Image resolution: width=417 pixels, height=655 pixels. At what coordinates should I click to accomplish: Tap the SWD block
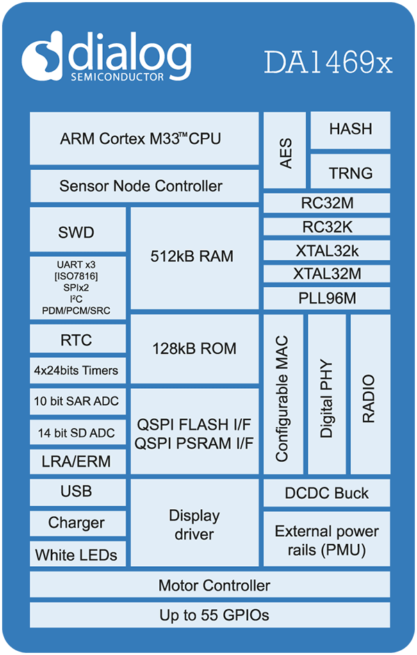click(x=78, y=232)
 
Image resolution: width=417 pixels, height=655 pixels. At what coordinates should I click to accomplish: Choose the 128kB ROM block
click(x=194, y=349)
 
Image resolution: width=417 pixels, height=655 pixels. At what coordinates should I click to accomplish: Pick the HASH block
click(x=350, y=129)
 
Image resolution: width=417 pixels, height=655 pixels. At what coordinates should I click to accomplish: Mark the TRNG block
click(x=350, y=173)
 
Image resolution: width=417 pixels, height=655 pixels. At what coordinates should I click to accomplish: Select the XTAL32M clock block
click(x=327, y=274)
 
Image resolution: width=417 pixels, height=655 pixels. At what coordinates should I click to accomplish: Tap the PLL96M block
click(x=327, y=299)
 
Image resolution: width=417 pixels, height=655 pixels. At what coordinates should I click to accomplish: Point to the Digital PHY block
click(x=327, y=395)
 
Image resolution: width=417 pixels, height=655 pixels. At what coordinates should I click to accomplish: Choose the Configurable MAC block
click(x=283, y=395)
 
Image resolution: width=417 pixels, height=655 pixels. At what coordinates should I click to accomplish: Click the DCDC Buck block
click(x=327, y=494)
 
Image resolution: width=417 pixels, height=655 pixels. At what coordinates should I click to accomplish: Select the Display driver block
click(x=194, y=524)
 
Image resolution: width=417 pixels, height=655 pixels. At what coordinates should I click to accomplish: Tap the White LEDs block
click(x=78, y=555)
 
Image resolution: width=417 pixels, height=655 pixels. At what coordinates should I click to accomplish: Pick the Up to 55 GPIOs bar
click(x=210, y=615)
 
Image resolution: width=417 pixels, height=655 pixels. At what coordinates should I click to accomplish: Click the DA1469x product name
click(x=328, y=62)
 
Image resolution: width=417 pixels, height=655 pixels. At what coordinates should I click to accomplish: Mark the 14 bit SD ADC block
click(x=78, y=433)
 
